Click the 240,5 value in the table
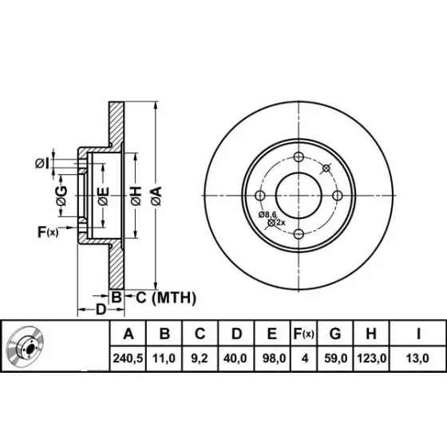tap(128, 358)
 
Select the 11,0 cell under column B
tap(164, 358)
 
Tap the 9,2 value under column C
tap(200, 358)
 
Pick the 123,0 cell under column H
tap(371, 358)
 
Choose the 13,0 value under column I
tap(417, 358)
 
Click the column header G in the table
tap(335, 334)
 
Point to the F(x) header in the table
tap(303, 334)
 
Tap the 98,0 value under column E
tap(274, 358)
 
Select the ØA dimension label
tap(156, 196)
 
